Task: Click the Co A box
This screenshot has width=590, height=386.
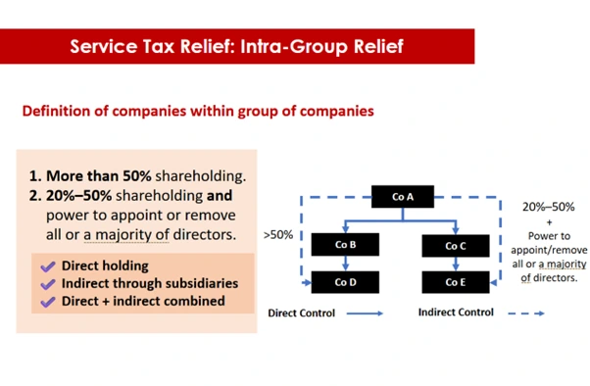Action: (400, 197)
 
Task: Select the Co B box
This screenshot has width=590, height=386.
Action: (344, 245)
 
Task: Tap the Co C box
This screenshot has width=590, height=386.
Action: (455, 246)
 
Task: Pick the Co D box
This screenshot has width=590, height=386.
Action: (344, 282)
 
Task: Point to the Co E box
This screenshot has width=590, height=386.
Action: (455, 282)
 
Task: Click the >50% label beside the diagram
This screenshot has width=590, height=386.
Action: (277, 236)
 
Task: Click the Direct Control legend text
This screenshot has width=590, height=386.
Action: (302, 314)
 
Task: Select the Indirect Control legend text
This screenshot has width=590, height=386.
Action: (456, 314)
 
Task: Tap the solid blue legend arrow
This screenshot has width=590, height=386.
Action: (365, 314)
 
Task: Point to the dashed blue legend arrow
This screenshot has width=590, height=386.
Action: (525, 314)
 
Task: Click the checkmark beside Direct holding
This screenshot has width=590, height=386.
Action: (47, 265)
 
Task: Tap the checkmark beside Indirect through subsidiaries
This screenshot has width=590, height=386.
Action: (47, 283)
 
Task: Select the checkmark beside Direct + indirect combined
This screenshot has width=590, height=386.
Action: (47, 301)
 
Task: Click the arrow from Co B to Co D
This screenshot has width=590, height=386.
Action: (344, 264)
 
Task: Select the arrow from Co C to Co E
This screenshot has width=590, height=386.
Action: (455, 264)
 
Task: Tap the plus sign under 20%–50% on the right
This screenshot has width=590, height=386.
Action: (549, 221)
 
